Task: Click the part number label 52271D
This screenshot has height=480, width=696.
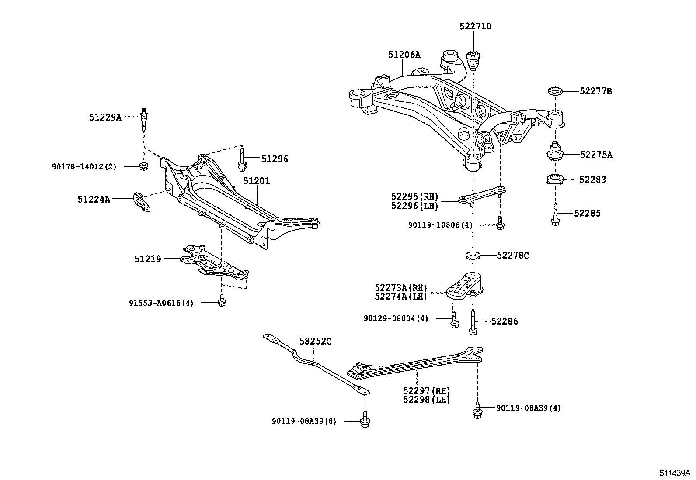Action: [475, 26]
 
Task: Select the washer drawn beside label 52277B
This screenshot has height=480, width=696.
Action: [555, 91]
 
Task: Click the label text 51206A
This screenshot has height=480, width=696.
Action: [404, 55]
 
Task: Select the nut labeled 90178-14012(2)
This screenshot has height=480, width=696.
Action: [143, 166]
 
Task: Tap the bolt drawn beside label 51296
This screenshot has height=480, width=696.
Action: [241, 159]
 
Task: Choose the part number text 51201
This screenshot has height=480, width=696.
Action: [256, 181]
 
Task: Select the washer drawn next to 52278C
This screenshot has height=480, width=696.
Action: [473, 255]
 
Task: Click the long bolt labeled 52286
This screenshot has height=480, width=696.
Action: [473, 323]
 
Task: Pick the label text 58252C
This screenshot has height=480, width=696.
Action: [315, 341]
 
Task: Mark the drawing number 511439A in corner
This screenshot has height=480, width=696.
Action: [675, 473]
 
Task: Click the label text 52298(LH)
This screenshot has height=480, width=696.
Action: [426, 399]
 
